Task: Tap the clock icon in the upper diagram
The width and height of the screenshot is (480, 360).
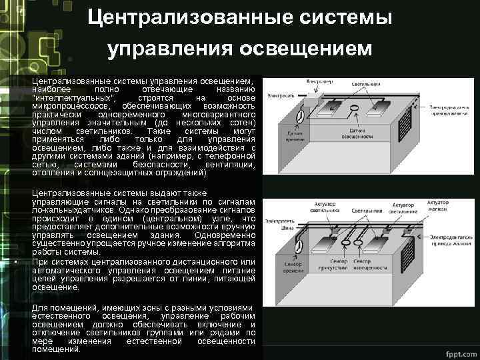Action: pos(300,116)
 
